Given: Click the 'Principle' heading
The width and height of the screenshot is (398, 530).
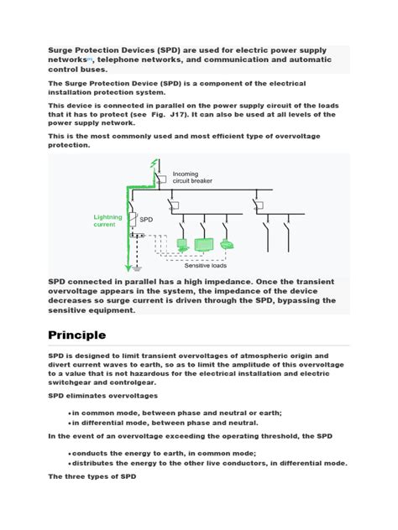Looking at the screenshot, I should (76, 335).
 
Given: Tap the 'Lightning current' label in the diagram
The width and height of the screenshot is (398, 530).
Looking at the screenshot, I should (107, 221).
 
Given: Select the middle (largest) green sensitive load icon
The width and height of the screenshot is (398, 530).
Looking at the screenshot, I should (204, 244).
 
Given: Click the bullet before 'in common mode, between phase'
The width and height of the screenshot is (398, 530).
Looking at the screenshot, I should (68, 413).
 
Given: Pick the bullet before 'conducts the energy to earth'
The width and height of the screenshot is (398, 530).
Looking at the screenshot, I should (68, 451).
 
